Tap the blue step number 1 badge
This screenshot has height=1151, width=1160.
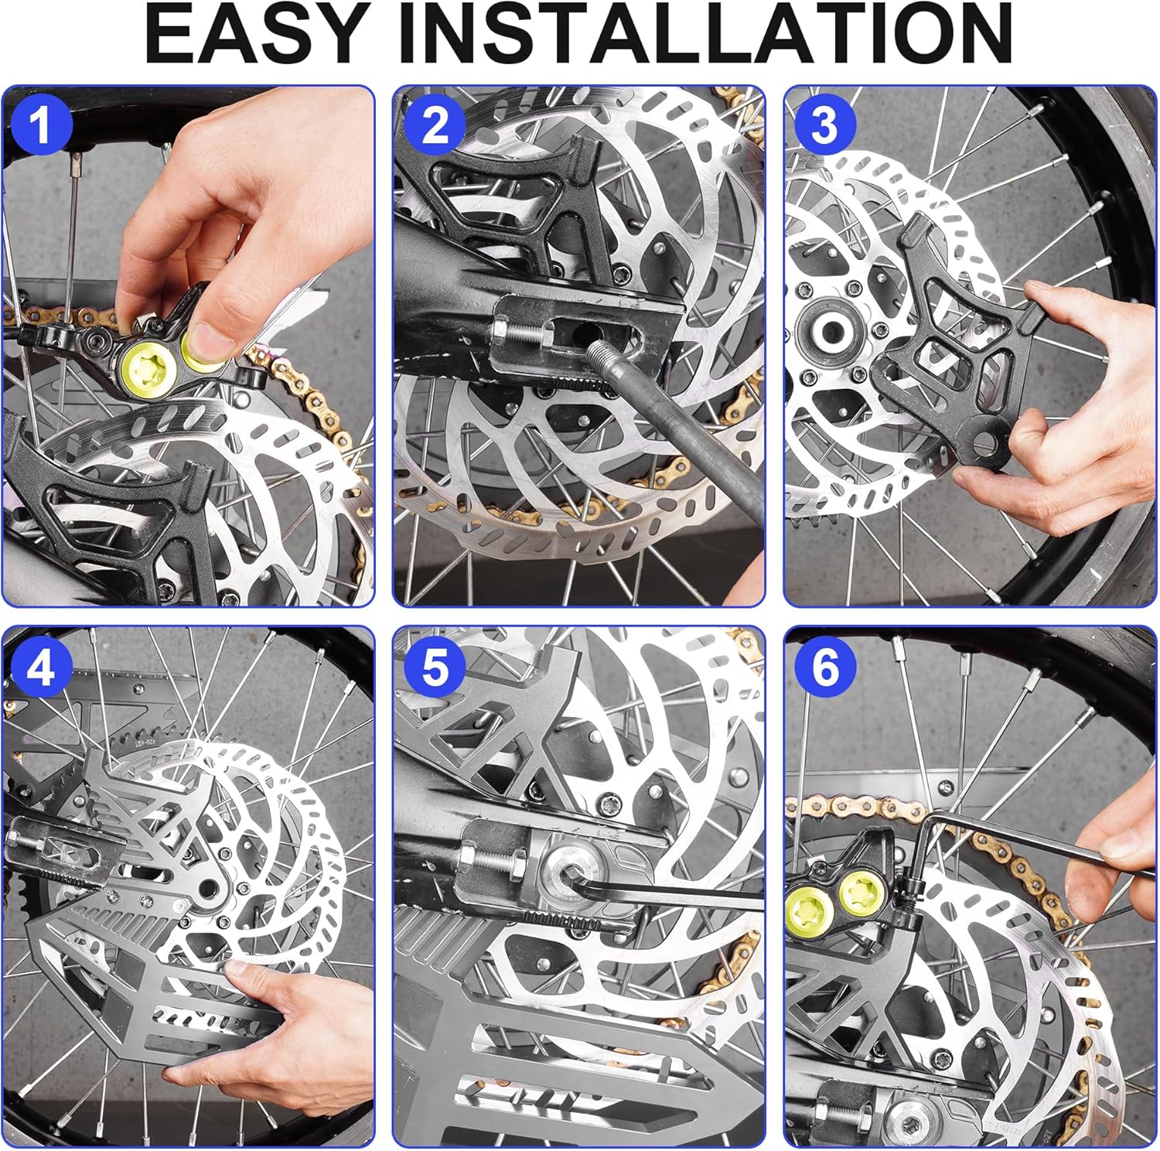(x=40, y=124)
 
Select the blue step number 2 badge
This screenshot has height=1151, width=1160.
(x=435, y=124)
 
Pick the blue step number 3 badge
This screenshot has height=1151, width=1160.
(x=824, y=124)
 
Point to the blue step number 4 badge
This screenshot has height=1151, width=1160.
(x=40, y=666)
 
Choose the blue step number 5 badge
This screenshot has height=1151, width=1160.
(x=435, y=666)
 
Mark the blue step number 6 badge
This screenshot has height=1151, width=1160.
(x=824, y=666)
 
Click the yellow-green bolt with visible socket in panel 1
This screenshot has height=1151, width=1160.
(x=147, y=364)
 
